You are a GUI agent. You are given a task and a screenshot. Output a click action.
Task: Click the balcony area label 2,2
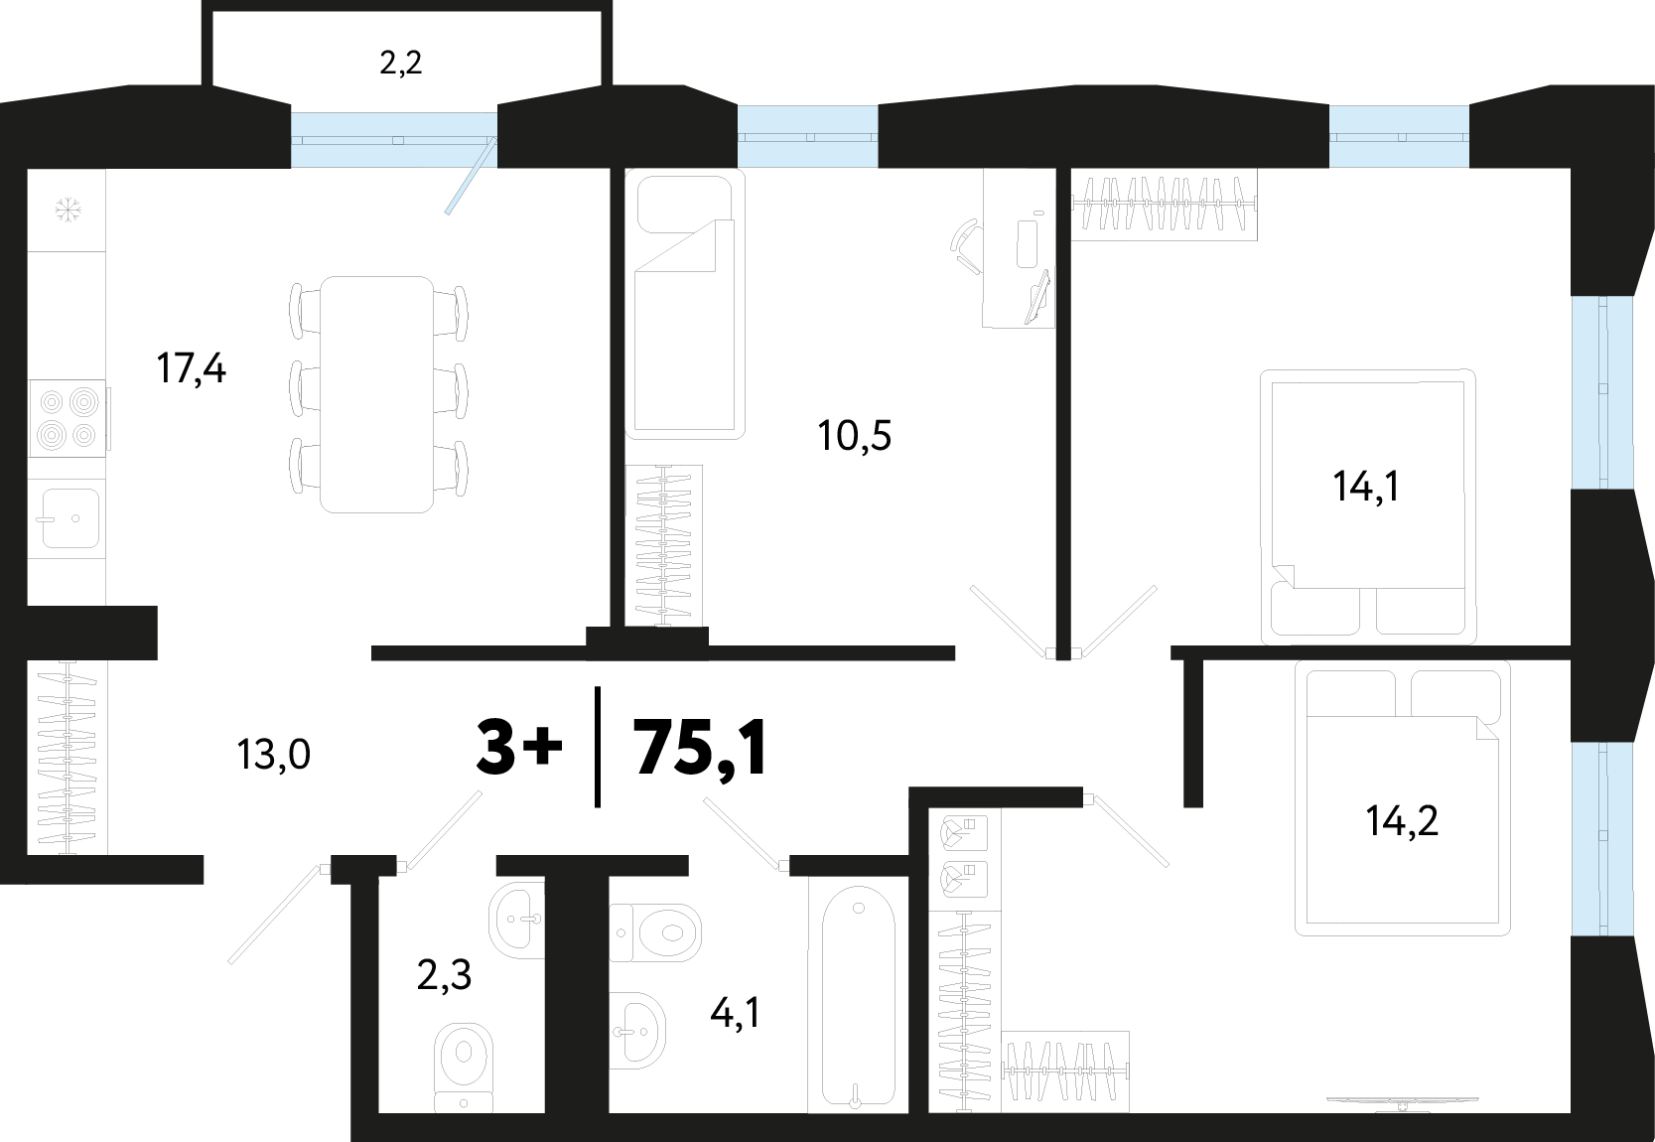400,64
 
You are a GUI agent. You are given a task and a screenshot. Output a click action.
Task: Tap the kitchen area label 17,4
192,368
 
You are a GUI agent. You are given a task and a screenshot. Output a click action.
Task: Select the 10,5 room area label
855,435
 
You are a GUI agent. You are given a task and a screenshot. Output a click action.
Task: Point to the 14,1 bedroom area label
1366,487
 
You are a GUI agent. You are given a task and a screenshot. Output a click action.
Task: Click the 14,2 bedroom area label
1402,820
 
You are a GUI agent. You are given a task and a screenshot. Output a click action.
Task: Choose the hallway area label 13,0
273,755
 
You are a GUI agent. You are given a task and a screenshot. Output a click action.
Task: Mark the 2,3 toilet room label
444,975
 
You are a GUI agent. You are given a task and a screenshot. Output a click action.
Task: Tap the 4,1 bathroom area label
735,1012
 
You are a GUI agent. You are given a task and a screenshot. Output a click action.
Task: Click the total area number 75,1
701,748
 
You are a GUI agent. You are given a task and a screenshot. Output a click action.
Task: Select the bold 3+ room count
519,748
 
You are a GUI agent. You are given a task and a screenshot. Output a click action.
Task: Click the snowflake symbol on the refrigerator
68,210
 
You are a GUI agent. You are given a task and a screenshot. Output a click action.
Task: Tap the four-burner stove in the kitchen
69,418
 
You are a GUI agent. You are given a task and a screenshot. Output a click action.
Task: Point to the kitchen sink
70,518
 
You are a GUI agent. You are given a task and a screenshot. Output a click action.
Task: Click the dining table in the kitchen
377,394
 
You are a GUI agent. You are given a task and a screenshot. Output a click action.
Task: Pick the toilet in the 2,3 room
464,1067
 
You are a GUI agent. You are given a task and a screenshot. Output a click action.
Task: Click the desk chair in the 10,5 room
967,247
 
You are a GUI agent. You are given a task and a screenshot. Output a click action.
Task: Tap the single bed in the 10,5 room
685,304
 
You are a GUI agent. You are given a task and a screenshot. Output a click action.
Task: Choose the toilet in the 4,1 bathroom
655,932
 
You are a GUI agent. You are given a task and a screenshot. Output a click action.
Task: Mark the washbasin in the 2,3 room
516,920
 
